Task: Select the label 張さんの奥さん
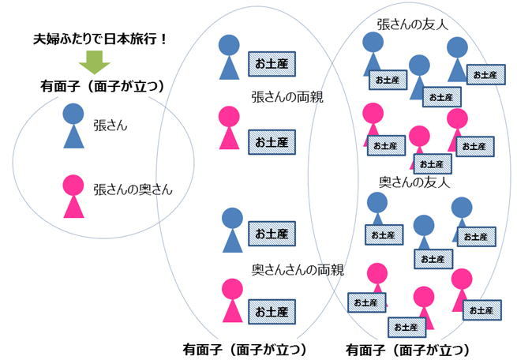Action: coord(132,189)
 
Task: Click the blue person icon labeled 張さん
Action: coord(73,126)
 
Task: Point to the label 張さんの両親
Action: coord(287,98)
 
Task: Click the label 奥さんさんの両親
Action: coord(298,270)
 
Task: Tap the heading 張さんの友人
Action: coord(412,24)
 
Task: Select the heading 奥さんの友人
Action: coord(414,182)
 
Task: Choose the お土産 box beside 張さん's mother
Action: coord(272,141)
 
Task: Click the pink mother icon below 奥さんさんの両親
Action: coord(232,300)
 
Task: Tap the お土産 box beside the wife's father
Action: coord(272,234)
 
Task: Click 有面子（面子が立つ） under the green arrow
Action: coord(101,86)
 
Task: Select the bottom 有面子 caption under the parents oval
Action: coord(244,348)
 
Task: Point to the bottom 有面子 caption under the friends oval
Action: coord(407,348)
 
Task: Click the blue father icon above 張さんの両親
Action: coord(229,57)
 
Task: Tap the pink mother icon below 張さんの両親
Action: coord(229,128)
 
